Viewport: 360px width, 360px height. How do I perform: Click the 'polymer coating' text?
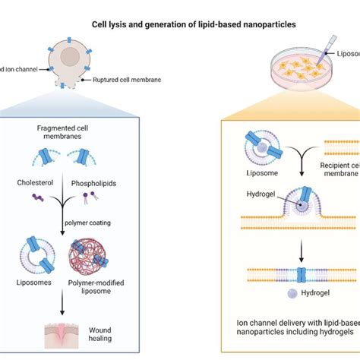pos(103,226)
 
